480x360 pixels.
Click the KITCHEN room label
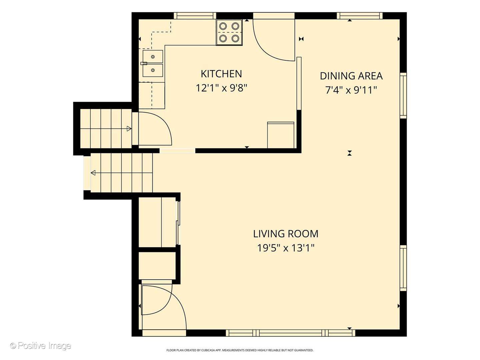221,74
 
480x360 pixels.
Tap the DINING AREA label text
351,76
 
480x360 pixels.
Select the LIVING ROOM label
286,234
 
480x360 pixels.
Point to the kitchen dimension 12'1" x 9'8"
221,88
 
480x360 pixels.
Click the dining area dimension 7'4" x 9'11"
351,90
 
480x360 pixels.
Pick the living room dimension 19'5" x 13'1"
286,248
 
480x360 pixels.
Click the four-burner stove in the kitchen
229,32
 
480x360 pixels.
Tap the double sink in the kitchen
153,64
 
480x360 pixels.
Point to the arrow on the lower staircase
122,173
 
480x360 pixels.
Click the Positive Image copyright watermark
41,346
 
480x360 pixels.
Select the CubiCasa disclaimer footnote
240,350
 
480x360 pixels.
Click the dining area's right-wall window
403,96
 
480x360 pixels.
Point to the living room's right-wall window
403,268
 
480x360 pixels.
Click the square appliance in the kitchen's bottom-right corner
281,135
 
